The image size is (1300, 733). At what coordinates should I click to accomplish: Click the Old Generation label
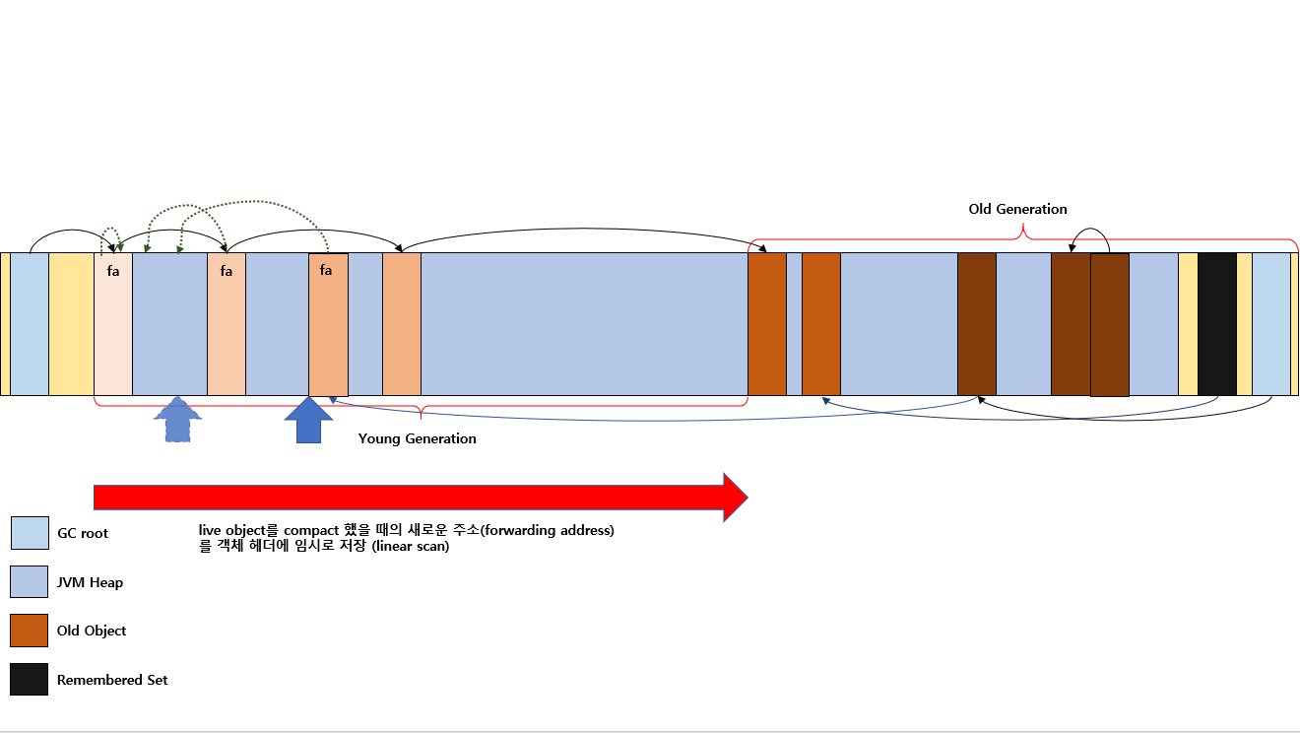coord(1017,209)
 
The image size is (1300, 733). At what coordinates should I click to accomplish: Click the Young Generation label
coord(417,438)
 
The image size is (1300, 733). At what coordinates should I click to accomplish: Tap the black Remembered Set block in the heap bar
coord(1217,324)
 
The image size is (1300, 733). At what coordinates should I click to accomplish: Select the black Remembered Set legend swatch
coord(29,679)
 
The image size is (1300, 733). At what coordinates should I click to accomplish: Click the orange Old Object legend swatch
coord(29,631)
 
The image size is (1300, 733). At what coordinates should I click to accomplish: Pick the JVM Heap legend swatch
coord(29,581)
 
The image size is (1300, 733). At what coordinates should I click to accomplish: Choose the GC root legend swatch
coord(30,533)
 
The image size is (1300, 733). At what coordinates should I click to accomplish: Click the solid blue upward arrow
coord(309,420)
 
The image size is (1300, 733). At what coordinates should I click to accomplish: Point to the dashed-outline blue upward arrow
coord(177,420)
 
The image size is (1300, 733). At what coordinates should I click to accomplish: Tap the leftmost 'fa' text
coord(113,271)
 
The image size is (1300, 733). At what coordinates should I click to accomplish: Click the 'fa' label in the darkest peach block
coord(326,270)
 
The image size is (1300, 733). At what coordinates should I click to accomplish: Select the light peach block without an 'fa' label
coord(402,324)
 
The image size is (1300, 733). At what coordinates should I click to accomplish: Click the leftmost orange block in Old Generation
coord(766,324)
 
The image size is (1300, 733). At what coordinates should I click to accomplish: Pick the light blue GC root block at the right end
coord(1271,324)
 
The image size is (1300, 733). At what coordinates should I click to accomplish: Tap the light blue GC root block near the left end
coord(30,324)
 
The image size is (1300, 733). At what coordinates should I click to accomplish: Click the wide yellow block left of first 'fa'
coord(71,324)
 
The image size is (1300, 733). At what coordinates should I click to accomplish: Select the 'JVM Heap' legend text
coord(90,582)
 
